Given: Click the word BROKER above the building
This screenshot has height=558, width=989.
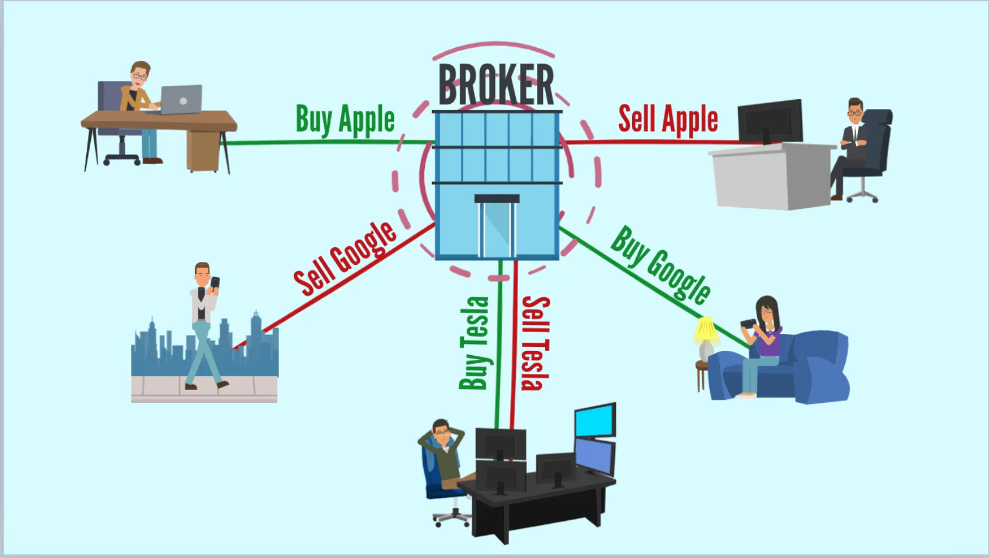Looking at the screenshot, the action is click(x=496, y=85).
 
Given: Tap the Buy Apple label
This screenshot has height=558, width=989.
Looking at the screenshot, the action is click(x=345, y=119).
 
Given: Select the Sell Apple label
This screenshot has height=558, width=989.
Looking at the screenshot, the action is click(x=668, y=119).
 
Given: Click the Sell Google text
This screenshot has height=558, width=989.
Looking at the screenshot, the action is click(x=345, y=258).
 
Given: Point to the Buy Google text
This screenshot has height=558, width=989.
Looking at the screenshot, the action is click(x=661, y=265).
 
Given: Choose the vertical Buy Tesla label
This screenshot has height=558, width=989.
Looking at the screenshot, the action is click(x=474, y=343).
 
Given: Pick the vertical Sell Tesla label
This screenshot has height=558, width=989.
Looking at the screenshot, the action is click(x=536, y=343).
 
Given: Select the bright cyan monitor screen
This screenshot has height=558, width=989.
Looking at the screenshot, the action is click(x=595, y=420).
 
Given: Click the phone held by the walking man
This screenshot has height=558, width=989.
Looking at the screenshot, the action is click(x=215, y=283).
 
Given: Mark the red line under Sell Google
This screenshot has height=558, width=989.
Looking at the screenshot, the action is click(x=335, y=285).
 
